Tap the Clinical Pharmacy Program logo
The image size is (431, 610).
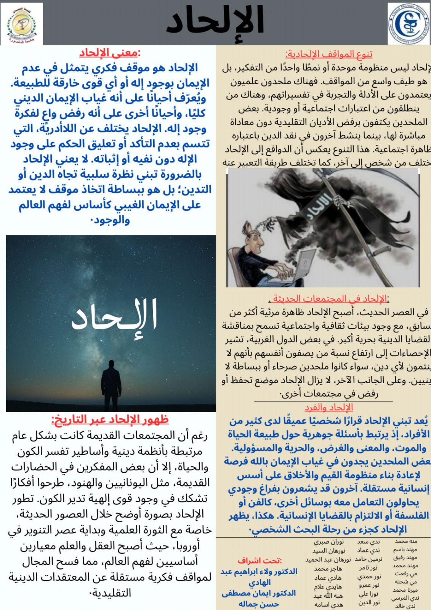tap(409, 24)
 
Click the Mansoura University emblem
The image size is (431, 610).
tap(22, 24)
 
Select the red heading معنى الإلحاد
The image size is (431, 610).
tap(110, 52)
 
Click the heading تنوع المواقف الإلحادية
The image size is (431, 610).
tap(329, 54)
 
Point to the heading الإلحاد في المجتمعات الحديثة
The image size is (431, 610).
tap(329, 299)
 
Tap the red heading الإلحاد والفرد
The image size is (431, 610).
tap(329, 407)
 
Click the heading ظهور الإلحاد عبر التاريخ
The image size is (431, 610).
tap(110, 420)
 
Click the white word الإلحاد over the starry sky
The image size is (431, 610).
tap(114, 316)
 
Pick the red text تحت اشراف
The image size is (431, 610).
tap(260, 560)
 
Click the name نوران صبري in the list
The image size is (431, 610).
tap(328, 541)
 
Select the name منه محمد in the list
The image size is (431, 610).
tap(406, 541)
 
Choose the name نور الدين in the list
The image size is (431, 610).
tap(369, 602)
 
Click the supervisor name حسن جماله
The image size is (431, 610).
tap(259, 604)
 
